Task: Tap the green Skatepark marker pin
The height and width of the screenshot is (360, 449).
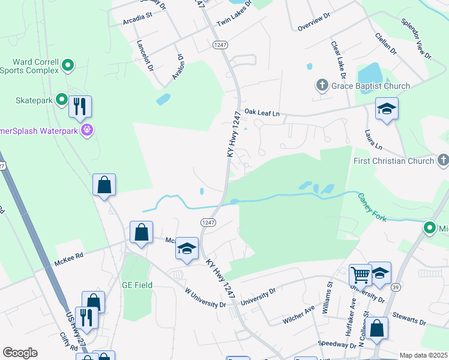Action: pyautogui.click(x=62, y=100)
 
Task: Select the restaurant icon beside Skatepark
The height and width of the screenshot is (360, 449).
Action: pyautogui.click(x=80, y=107)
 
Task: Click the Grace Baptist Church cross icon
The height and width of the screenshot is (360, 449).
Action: pyautogui.click(x=322, y=86)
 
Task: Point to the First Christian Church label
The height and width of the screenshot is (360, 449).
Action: pyautogui.click(x=393, y=161)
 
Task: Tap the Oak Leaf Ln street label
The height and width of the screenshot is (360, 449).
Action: pyautogui.click(x=262, y=112)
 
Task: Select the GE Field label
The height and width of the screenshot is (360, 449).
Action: pyautogui.click(x=137, y=285)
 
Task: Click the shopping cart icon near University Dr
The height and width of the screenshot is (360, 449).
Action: pyautogui.click(x=360, y=275)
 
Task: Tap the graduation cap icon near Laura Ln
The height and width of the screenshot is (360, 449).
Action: pyautogui.click(x=387, y=109)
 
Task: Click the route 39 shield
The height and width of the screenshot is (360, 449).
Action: pyautogui.click(x=394, y=287)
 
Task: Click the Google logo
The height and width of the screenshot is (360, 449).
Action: pyautogui.click(x=20, y=352)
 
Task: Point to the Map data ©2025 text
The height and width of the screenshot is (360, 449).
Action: pyautogui.click(x=423, y=355)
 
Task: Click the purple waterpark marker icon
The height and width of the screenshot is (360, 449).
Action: pyautogui.click(x=87, y=129)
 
